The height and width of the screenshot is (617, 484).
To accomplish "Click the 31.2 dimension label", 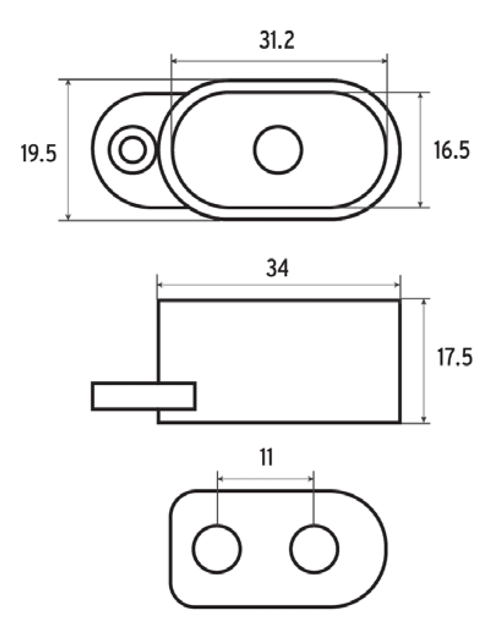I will click(x=277, y=41).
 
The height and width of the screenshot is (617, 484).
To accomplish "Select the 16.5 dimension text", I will click(x=451, y=150).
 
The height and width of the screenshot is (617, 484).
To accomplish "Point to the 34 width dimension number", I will click(x=277, y=268).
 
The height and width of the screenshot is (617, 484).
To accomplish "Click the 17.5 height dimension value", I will click(x=454, y=357).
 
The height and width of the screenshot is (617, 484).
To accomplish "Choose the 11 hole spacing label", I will click(x=266, y=457).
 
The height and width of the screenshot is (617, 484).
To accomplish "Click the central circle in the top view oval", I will click(x=278, y=150).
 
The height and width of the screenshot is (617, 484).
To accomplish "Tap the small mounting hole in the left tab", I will click(x=133, y=150).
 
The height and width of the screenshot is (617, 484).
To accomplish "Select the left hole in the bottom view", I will click(x=217, y=548).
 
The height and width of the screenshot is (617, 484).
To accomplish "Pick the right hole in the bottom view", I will click(x=314, y=548).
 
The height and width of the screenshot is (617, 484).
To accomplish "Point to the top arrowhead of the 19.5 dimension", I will click(x=68, y=83).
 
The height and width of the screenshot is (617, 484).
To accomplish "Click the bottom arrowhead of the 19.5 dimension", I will click(x=68, y=217).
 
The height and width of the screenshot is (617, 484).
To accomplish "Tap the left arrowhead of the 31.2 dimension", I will click(x=174, y=61).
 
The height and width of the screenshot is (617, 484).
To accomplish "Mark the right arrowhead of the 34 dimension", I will click(x=397, y=285).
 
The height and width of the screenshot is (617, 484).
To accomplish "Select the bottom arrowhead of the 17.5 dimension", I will click(x=424, y=419).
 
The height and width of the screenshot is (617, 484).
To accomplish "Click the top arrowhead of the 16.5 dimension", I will click(x=420, y=96).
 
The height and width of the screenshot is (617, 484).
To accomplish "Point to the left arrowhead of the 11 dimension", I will click(x=220, y=479).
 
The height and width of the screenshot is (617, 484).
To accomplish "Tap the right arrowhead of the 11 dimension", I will click(x=311, y=479).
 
